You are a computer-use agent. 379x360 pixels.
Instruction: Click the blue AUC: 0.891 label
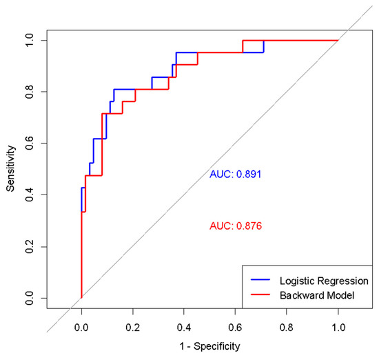(236, 174)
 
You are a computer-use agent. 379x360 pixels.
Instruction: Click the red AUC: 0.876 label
(236, 226)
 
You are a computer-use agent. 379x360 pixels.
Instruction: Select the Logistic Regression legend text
(324, 282)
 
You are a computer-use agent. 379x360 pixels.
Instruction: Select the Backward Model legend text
(316, 295)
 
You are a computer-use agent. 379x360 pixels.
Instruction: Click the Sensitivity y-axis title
(11, 168)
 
